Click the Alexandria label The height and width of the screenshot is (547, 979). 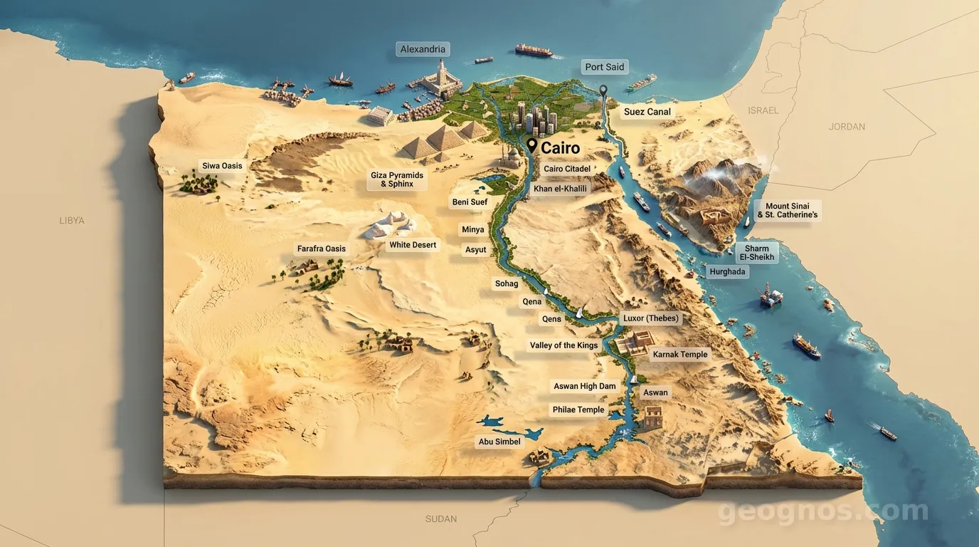click(423, 49)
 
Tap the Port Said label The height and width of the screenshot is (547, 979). click(604, 67)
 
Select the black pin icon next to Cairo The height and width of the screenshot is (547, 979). click(531, 146)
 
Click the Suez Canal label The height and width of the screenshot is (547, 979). click(647, 112)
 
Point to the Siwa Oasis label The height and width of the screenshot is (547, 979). click(222, 166)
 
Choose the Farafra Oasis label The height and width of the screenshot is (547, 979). click(321, 249)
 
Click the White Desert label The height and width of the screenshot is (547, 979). click(413, 245)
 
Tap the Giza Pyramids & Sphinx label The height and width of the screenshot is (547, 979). click(397, 179)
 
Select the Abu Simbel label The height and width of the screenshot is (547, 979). click(499, 442)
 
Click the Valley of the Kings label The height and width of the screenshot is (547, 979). click(563, 345)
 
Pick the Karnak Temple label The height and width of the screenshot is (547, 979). click(680, 354)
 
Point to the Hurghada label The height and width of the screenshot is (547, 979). click(727, 271)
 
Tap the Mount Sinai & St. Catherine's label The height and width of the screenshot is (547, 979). click(787, 210)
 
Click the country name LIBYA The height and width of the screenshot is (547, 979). click(72, 221)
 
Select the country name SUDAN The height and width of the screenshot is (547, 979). click(441, 519)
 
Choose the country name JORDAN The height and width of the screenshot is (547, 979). click(847, 127)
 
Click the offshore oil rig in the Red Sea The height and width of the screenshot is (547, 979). click(771, 294)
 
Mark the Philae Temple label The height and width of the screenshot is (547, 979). click(578, 410)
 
